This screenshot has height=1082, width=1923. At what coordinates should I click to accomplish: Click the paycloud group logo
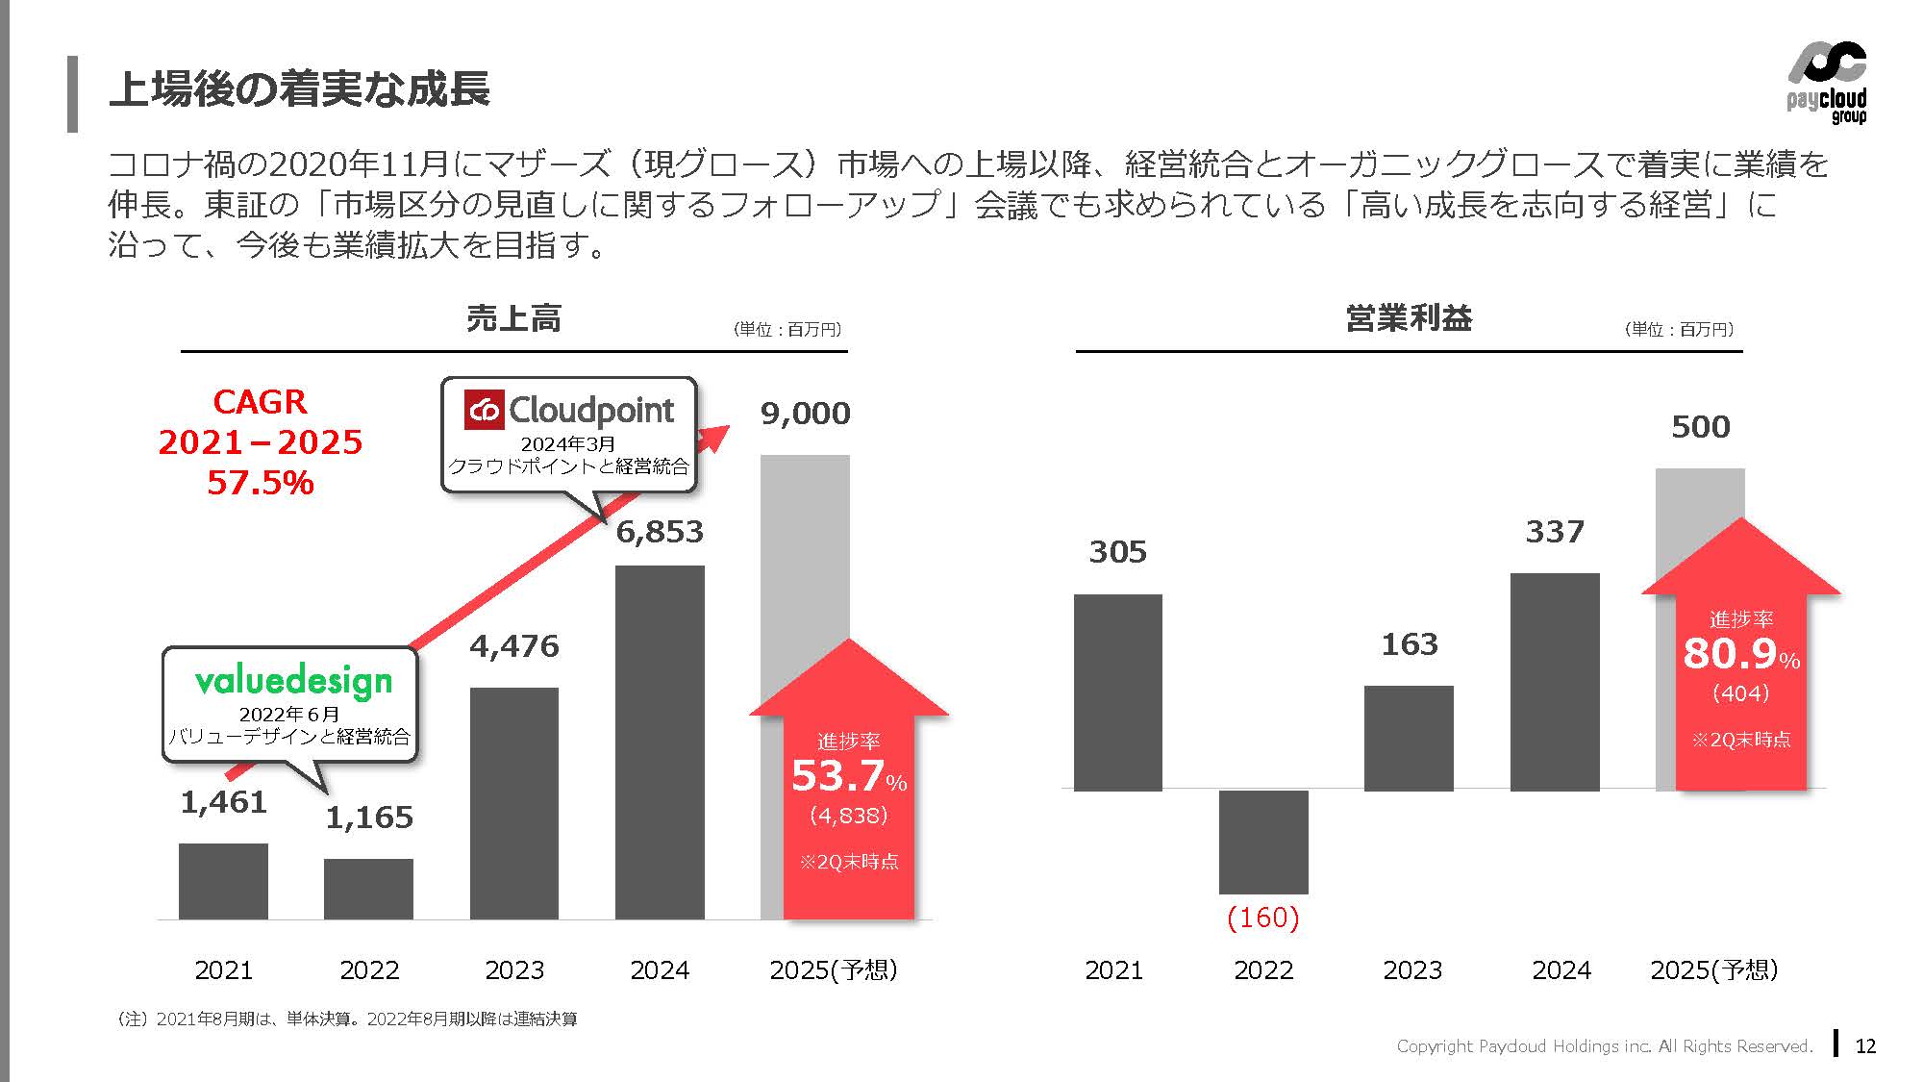[x=1826, y=83]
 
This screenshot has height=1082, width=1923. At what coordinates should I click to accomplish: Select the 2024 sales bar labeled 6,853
[x=660, y=741]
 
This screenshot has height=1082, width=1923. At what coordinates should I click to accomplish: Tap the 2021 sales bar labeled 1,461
[x=223, y=880]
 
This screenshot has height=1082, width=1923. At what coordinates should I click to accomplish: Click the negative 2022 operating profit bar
[x=1263, y=842]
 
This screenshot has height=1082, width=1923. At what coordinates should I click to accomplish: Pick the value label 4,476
[x=513, y=646]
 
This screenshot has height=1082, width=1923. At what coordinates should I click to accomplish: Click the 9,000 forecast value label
[x=805, y=414]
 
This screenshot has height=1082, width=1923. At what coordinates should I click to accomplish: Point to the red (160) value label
[x=1263, y=918]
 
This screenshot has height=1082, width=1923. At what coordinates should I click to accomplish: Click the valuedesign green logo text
[x=293, y=681]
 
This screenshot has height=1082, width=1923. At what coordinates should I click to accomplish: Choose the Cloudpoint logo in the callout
[x=569, y=411]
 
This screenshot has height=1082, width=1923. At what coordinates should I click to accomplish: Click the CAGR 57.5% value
[x=260, y=483]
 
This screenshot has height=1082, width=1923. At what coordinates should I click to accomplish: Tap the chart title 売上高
[x=513, y=318]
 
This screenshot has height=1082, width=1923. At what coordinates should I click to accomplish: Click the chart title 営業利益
[x=1409, y=318]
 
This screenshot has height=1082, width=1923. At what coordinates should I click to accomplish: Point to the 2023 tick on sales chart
[x=513, y=969]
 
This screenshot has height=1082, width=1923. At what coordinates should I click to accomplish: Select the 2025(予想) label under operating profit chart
[x=1713, y=969]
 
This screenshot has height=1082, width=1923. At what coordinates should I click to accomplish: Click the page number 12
[x=1865, y=1046]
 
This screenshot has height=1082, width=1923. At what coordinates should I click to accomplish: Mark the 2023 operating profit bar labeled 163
[x=1409, y=738]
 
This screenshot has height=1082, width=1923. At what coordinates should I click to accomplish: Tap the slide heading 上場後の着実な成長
[x=299, y=89]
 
